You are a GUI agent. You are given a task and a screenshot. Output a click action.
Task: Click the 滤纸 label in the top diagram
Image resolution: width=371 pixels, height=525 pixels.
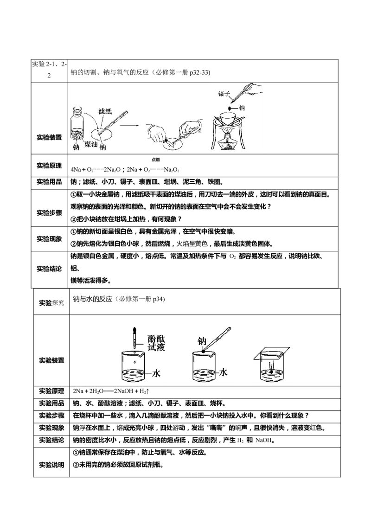(x=105, y=111)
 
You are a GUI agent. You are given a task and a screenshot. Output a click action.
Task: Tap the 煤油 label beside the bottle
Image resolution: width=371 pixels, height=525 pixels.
(x=91, y=144)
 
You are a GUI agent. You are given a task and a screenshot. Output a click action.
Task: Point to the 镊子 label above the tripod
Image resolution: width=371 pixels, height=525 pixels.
(x=224, y=94)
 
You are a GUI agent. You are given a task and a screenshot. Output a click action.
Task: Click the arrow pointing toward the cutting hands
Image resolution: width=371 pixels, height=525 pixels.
(x=129, y=125)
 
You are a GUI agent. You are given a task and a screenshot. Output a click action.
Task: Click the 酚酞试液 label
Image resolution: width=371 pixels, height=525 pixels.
(x=156, y=343)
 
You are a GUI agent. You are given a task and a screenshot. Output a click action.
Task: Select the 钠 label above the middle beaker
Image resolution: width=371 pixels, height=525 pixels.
(x=202, y=341)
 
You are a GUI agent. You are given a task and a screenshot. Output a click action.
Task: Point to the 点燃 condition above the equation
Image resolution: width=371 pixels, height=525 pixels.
(x=156, y=160)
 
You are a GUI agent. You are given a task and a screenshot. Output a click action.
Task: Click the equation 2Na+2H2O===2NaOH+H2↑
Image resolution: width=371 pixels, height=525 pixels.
(x=111, y=391)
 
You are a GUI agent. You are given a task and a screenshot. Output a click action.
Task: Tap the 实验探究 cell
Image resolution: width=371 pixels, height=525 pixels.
(x=51, y=303)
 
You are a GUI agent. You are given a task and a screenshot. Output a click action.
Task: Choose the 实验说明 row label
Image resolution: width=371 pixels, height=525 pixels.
(x=51, y=465)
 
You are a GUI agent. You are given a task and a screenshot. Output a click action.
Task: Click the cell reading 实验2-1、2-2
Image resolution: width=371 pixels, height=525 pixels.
(x=49, y=70)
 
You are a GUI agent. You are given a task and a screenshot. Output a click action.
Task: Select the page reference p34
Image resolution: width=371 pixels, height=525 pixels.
(x=159, y=299)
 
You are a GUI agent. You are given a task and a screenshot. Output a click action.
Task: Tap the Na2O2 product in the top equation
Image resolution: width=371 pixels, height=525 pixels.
(x=172, y=170)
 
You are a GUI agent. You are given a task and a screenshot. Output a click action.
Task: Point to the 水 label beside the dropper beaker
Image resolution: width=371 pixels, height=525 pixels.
(x=156, y=373)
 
